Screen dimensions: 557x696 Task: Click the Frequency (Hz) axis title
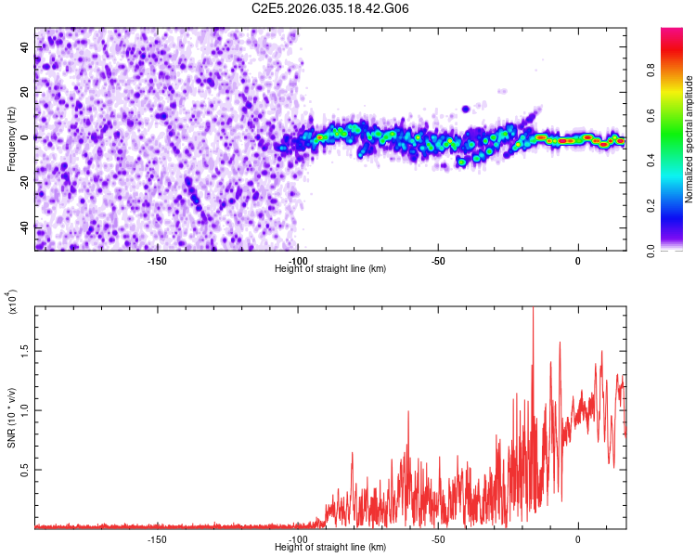11,138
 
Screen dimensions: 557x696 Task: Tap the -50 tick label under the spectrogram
438,261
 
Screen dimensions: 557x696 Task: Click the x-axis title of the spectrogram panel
330,269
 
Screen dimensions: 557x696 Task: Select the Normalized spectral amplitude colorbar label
690,139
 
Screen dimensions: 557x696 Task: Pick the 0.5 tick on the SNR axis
22,471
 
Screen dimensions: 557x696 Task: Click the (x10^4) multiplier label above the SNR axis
13,302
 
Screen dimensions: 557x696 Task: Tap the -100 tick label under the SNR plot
297,539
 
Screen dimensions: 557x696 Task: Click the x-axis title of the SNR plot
330,548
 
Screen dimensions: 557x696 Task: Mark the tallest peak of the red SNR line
533,308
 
